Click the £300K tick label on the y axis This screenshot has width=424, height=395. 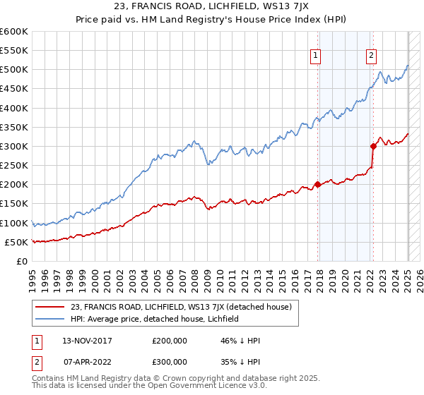pyautogui.click(x=14, y=146)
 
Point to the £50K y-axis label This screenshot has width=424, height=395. pyautogui.click(x=16, y=242)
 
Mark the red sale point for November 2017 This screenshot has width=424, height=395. pyautogui.click(x=317, y=185)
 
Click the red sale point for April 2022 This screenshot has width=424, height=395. pyautogui.click(x=372, y=147)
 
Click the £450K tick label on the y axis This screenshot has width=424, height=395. pyautogui.click(x=14, y=89)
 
